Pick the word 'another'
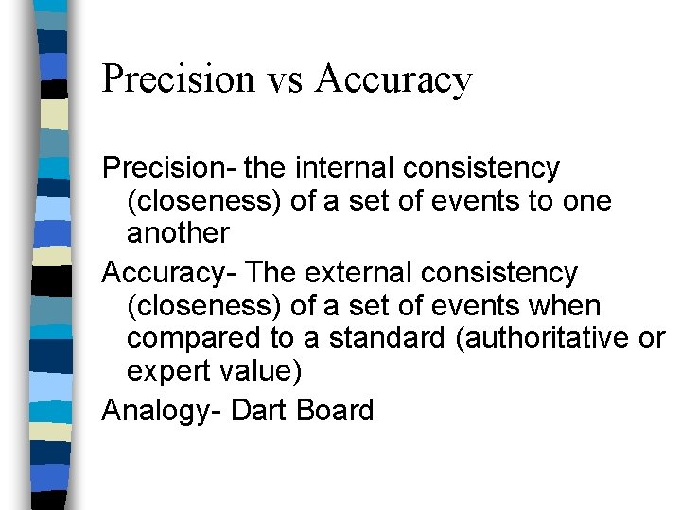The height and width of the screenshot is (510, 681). tap(178, 233)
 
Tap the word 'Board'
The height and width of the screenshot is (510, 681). tap(335, 410)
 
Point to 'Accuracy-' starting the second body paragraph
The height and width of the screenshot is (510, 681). tap(170, 273)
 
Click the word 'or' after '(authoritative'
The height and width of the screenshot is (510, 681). tap(652, 338)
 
